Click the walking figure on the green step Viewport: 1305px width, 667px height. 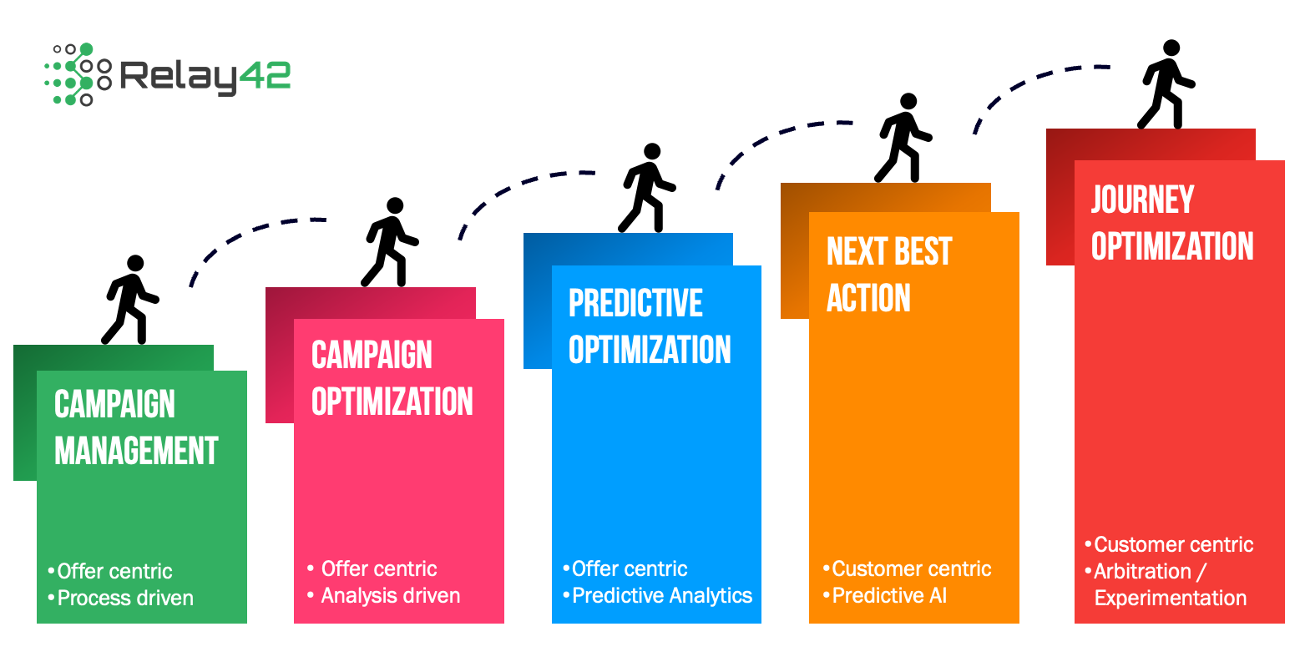(129, 300)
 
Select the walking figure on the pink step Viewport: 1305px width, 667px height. (389, 242)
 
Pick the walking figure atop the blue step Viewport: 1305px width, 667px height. (646, 188)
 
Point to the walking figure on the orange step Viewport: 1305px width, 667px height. (903, 138)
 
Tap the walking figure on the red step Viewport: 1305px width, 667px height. (1166, 84)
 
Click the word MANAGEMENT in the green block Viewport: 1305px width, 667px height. (136, 451)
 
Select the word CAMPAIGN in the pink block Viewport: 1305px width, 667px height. (372, 355)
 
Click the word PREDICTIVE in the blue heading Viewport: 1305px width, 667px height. (635, 303)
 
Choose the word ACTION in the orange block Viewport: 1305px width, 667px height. (868, 298)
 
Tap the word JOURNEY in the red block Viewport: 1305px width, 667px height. (1142, 200)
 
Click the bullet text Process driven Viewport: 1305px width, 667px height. (125, 598)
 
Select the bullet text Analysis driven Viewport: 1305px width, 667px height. (390, 595)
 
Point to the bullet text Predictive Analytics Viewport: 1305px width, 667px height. (662, 595)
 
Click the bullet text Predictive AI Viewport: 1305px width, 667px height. (889, 595)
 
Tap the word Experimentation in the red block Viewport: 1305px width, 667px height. (1170, 598)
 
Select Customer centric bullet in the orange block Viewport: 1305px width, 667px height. (911, 568)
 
